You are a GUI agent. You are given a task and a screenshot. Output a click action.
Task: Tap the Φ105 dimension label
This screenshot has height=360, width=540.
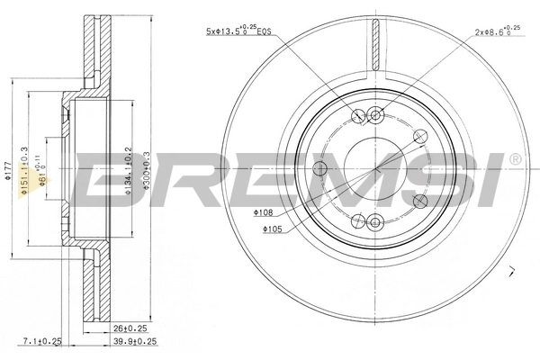(274, 229)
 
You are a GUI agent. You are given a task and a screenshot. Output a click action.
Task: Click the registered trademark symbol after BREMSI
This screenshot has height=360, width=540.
(514, 158)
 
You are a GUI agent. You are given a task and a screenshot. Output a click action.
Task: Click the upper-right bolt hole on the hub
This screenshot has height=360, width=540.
(418, 135)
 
